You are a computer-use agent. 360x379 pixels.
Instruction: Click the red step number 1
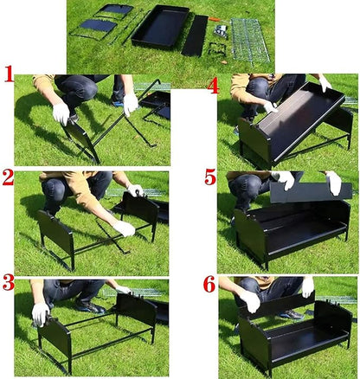(9, 74)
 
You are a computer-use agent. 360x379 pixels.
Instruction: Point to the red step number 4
(213, 85)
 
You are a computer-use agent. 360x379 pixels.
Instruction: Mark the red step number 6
(209, 284)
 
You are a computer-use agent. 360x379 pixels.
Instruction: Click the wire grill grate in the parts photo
(249, 40)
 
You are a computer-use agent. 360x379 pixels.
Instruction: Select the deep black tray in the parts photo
(160, 25)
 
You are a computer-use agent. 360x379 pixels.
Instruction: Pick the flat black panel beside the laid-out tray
(195, 35)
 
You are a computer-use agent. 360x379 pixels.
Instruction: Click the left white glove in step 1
(61, 113)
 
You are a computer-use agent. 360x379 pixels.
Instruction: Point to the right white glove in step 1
(131, 104)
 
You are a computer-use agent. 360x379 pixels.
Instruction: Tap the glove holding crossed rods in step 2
(124, 228)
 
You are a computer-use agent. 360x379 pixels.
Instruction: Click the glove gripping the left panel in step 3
(40, 314)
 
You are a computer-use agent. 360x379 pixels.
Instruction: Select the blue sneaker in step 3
(91, 307)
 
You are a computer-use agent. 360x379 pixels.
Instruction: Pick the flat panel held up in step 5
(312, 193)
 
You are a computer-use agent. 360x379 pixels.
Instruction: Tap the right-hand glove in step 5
(334, 183)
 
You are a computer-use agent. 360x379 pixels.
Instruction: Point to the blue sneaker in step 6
(292, 315)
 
